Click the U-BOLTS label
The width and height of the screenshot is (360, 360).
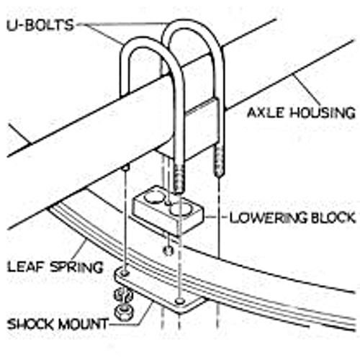(40, 25)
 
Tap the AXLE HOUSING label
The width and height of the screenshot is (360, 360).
(301, 112)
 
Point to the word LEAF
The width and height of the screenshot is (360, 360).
(26, 266)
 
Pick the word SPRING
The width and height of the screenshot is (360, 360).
(76, 267)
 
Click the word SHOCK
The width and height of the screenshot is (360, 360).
(30, 324)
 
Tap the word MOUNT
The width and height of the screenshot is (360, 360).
(84, 324)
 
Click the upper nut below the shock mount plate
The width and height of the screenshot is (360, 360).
(123, 295)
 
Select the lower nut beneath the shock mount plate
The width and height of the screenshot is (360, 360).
(124, 312)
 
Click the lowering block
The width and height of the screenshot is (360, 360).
(168, 210)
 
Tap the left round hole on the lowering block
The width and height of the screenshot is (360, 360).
(154, 197)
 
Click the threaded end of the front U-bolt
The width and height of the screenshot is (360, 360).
(179, 179)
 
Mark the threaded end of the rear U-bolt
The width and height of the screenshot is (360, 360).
(220, 161)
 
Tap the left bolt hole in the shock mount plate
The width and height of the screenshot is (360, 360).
(125, 273)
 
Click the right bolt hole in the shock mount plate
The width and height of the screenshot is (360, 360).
(179, 300)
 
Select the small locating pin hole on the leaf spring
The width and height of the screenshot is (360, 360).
(168, 251)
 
